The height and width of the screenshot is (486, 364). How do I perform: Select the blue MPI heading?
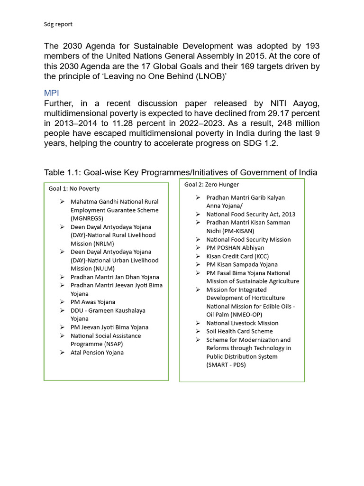tap(52, 93)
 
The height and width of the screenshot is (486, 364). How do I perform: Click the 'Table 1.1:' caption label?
tap(62, 172)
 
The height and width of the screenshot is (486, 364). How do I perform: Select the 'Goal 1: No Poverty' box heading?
tap(74, 189)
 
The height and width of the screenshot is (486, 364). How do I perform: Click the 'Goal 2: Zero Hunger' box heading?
tap(211, 185)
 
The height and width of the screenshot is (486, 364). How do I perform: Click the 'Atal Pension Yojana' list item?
tap(97, 353)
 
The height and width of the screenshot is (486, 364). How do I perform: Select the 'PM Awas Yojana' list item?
tap(93, 302)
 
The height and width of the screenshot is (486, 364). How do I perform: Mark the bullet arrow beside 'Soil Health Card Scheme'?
tap(198, 331)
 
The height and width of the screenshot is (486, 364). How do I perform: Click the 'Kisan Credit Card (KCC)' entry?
tap(237, 256)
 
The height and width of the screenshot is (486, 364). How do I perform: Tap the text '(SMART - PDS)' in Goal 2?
tap(226, 365)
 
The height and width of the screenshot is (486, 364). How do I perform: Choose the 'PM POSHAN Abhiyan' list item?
tap(235, 248)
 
